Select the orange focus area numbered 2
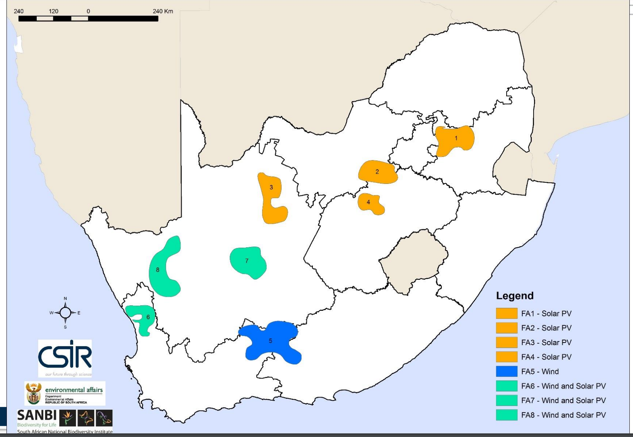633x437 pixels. point(377,172)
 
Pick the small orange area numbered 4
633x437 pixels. point(370,203)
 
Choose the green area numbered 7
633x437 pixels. point(248,262)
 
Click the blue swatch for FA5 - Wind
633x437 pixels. point(506,371)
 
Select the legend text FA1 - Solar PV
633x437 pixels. point(546,314)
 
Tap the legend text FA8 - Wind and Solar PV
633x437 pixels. point(563,415)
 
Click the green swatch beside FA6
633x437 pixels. point(506,386)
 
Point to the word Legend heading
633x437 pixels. point(515,296)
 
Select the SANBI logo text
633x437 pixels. point(37,416)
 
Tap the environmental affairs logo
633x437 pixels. point(65,393)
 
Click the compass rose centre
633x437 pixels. point(65,313)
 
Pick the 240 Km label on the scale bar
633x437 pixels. point(163,11)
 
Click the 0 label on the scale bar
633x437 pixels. point(88,11)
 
